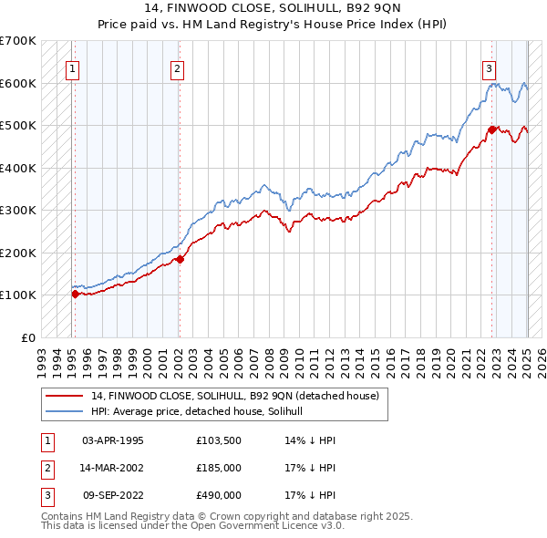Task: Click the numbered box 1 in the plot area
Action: point(72,67)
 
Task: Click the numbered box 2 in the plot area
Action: point(177,67)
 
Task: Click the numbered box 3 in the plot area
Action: point(490,67)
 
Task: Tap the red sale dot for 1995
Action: point(75,294)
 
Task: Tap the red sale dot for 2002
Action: point(180,259)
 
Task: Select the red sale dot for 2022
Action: point(491,129)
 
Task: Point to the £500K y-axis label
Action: point(17,126)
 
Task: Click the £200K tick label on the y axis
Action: point(17,253)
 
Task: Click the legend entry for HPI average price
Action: point(202,411)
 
